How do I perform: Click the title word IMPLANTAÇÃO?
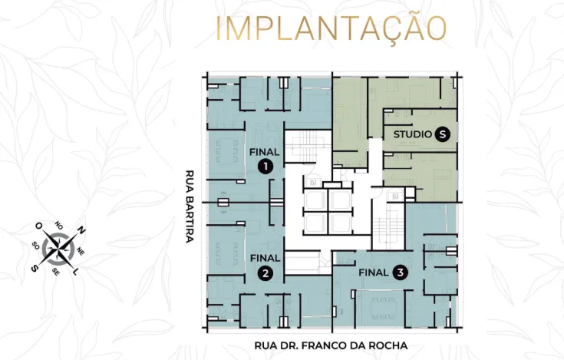331,28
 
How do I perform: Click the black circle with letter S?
442,134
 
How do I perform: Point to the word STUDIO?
412,134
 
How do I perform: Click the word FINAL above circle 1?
265,152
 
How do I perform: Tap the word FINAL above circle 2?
265,259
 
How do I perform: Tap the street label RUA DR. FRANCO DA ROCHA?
331,345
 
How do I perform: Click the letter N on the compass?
82,230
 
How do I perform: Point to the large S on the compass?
34,269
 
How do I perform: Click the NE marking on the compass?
81,251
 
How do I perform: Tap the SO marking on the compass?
35,246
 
